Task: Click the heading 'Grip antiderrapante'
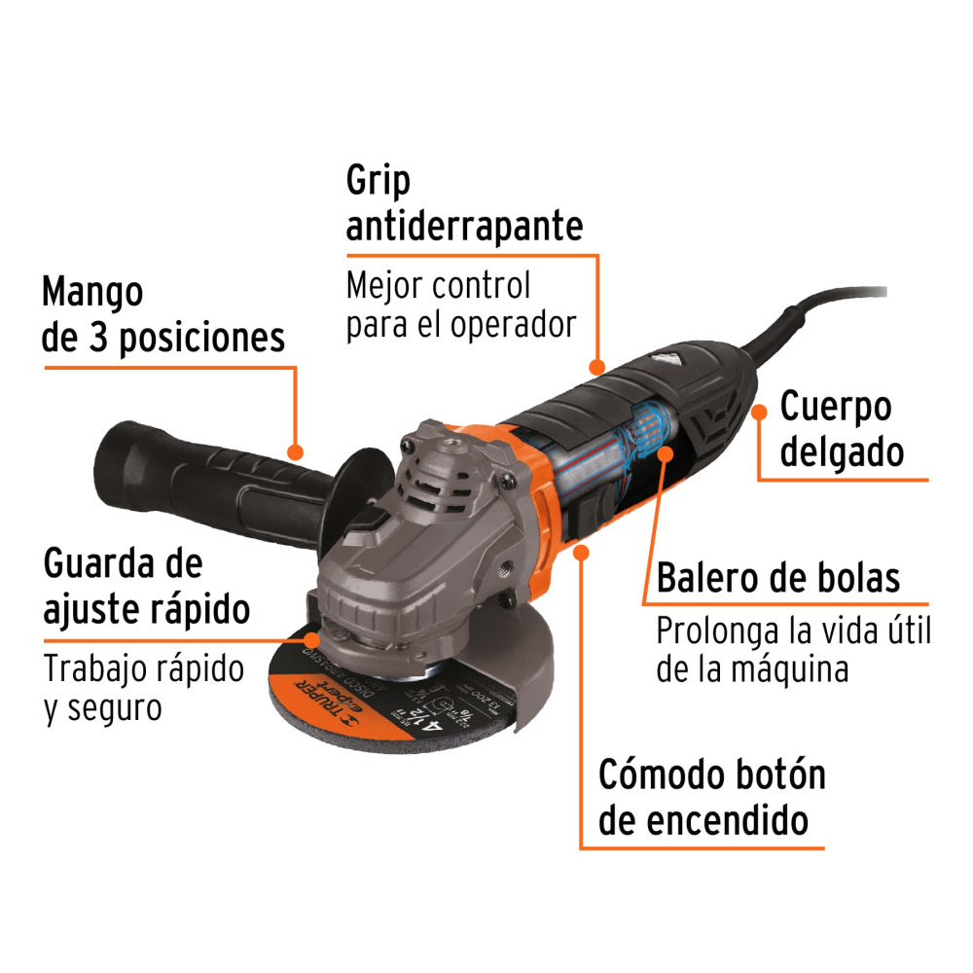(x=464, y=203)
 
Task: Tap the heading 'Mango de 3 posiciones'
(x=163, y=314)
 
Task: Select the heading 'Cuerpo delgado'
(x=835, y=429)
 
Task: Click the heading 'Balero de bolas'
(x=777, y=578)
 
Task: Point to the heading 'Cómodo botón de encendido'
(x=711, y=798)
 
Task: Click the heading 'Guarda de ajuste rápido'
(x=147, y=587)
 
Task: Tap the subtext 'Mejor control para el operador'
(x=461, y=305)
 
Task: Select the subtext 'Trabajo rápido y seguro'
(x=144, y=688)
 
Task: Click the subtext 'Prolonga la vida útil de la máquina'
(x=793, y=649)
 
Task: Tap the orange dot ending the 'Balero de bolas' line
(x=665, y=453)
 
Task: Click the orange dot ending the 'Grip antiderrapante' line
(x=596, y=368)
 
